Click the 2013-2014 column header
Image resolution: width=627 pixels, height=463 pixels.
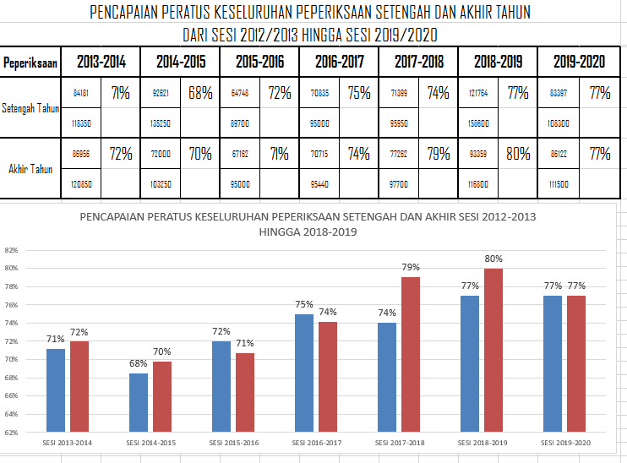click(x=101, y=62)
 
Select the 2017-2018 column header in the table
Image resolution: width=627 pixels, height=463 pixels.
click(x=419, y=62)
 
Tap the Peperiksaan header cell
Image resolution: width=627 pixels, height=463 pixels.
click(x=30, y=63)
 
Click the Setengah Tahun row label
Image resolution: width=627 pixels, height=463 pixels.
click(x=30, y=109)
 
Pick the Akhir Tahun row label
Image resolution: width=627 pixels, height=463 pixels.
click(x=30, y=169)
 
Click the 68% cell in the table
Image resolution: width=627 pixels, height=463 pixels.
click(x=200, y=93)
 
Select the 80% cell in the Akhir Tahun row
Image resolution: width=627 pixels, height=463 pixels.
click(x=518, y=154)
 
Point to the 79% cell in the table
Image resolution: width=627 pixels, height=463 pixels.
click(x=439, y=154)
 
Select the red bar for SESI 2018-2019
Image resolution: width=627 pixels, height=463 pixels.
click(x=494, y=350)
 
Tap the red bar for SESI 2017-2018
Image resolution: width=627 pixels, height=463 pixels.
click(x=412, y=355)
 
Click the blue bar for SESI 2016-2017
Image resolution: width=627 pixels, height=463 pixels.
click(x=304, y=373)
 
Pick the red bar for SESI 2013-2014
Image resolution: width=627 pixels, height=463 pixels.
click(x=79, y=387)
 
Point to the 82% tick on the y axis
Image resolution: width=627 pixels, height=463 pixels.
click(x=11, y=250)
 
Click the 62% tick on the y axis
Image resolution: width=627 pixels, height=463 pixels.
click(x=11, y=433)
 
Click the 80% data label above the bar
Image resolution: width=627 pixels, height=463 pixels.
click(x=494, y=259)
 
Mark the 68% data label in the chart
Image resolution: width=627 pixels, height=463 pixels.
click(x=139, y=364)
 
